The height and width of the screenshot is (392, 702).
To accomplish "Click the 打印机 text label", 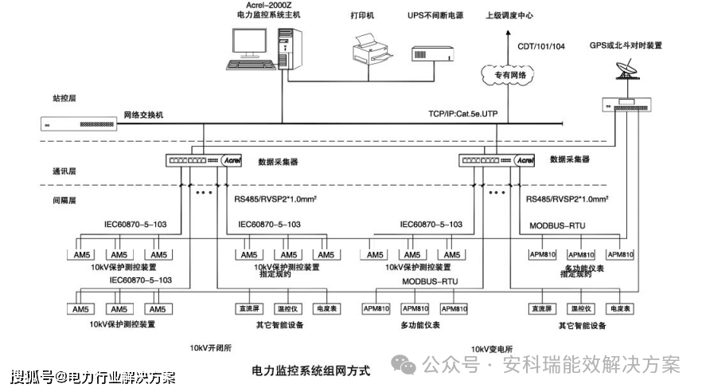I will coord(362,16).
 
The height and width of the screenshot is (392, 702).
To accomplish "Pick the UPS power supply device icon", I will coord(431,53).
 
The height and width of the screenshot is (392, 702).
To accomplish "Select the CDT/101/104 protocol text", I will coord(541,47).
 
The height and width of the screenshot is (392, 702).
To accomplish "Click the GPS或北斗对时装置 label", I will coord(626,45).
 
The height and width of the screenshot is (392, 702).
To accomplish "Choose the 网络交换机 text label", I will coord(143,115).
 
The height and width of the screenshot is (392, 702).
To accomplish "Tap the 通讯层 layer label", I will coord(64,171).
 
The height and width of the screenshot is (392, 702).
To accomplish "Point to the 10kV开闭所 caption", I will coord(210,348).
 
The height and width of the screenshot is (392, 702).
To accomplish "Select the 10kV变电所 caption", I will coord(491,349).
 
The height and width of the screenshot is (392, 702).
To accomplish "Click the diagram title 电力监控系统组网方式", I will coord(311,370).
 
